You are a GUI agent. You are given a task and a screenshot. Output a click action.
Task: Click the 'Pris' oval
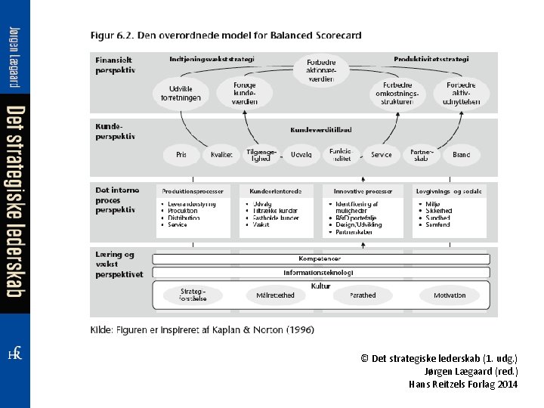(181, 155)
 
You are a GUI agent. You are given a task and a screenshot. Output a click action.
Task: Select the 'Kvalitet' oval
(221, 155)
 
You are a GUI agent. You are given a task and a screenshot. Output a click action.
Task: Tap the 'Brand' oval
(461, 155)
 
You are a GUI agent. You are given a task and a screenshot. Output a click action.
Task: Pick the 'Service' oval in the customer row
(382, 155)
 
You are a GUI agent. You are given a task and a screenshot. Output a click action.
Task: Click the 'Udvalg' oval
(301, 155)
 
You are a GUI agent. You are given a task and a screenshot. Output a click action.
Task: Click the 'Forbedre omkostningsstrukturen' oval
(395, 93)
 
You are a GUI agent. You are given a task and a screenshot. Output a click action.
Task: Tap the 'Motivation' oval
(450, 295)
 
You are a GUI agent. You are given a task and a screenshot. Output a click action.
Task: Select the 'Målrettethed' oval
(275, 295)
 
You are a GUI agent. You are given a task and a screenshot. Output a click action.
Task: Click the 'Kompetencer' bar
(320, 259)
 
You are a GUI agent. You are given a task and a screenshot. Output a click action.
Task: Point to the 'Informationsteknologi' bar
(320, 272)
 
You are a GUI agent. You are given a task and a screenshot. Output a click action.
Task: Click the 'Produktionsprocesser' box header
(193, 191)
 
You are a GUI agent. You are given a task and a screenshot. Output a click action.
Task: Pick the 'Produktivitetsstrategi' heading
(431, 58)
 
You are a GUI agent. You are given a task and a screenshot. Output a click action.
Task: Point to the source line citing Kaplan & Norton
(202, 329)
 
